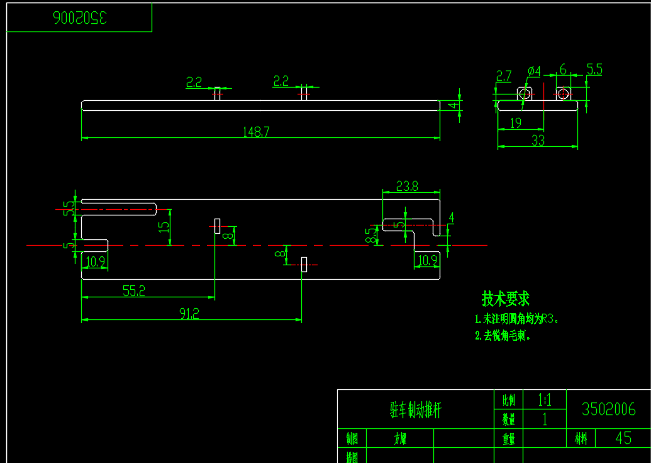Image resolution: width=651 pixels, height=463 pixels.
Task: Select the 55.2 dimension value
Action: pos(133,290)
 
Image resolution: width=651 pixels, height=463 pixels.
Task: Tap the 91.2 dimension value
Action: pos(189,313)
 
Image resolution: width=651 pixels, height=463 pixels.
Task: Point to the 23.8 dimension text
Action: pos(408,186)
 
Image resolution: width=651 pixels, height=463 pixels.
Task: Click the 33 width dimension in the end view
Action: pos(538,141)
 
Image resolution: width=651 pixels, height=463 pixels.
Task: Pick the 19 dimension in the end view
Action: pos(516,123)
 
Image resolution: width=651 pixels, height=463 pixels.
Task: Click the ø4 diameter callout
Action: pos(534,71)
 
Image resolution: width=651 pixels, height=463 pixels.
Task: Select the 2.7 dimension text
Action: pos(503,76)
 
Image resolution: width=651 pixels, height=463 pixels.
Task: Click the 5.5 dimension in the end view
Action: pos(594,70)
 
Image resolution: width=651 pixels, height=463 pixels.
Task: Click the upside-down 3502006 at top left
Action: pos(80,18)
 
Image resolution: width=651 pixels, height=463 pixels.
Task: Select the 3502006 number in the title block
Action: pos(608,409)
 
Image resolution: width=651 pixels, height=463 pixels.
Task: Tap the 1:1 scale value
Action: pos(544,399)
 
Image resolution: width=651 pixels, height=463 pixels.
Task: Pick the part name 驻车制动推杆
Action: pos(415,411)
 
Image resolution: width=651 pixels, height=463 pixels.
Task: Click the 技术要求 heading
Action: pos(506,298)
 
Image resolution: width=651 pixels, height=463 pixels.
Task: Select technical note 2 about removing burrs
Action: pos(503,336)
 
